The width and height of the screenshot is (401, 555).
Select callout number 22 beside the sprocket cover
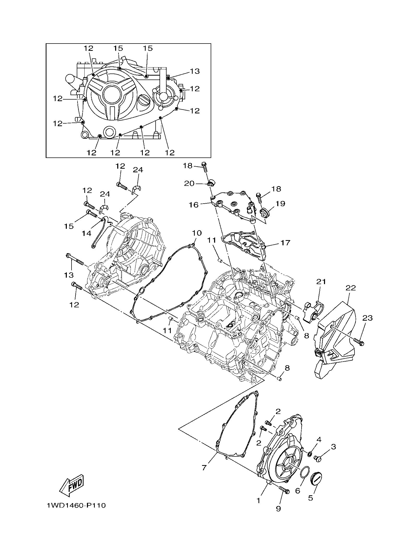point(351,288)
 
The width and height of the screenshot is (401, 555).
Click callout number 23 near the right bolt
point(367,318)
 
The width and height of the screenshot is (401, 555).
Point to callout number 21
point(321,282)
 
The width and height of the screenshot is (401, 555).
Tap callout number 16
point(194,205)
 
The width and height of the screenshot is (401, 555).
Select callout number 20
point(190,184)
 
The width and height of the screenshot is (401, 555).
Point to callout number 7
point(204,468)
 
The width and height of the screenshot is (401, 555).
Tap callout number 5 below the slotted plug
point(310,498)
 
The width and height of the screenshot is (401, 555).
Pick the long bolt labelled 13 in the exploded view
point(75,260)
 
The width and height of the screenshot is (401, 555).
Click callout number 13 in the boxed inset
point(195,71)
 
